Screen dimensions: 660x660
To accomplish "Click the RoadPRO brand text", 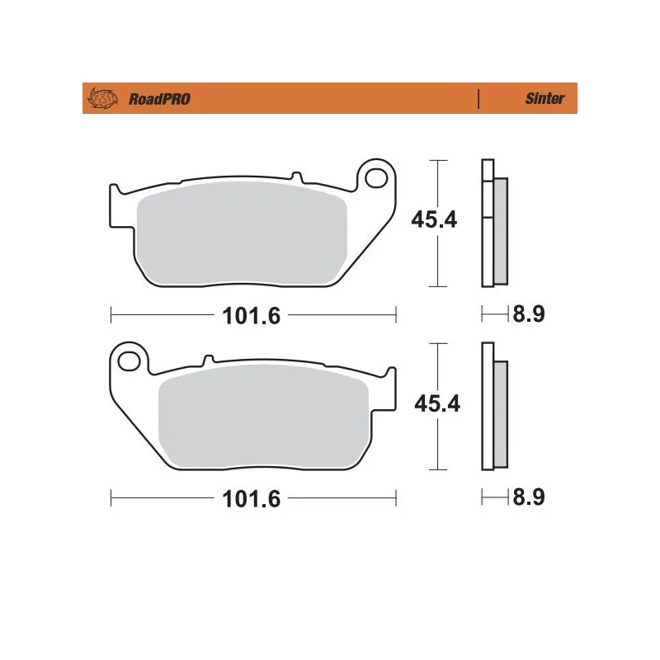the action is click(159, 99).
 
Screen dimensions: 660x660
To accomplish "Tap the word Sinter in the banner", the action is click(544, 98).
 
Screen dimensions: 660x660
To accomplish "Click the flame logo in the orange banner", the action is click(102, 99).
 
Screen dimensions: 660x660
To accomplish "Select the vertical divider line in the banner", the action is click(478, 99).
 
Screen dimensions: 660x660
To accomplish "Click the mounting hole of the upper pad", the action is click(376, 178).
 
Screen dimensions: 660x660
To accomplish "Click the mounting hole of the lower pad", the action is click(129, 361).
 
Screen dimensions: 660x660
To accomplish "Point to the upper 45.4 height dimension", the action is click(434, 219).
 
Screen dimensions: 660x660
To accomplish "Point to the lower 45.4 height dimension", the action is click(437, 403).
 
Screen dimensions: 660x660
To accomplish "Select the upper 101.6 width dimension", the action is click(252, 316).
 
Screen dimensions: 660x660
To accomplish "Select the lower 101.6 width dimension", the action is click(252, 499).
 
